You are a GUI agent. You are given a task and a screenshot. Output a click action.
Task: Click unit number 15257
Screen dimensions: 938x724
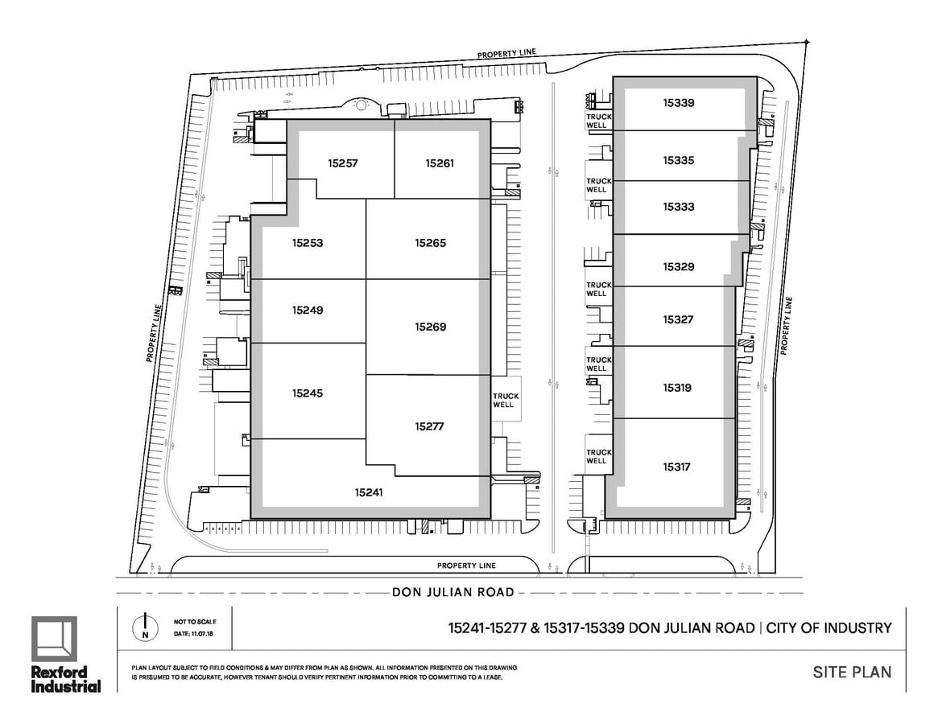click(343, 163)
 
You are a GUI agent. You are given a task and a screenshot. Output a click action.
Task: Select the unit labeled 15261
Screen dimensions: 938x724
click(440, 163)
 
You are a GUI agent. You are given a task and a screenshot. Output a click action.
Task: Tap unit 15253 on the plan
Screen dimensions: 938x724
click(308, 243)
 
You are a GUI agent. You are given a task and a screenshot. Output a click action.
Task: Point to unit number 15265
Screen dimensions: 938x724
click(431, 243)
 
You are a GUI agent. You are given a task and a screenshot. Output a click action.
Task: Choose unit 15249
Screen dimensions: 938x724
click(308, 311)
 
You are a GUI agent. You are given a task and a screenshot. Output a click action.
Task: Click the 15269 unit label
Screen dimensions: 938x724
click(431, 327)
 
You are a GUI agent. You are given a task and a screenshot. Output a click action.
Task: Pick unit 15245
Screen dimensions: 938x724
click(308, 393)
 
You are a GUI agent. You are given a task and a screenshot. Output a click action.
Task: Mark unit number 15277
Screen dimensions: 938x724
click(429, 427)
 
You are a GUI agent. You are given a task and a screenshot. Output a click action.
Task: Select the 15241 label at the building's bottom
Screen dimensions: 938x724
click(369, 492)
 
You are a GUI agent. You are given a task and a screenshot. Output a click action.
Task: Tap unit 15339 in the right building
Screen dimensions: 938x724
click(679, 103)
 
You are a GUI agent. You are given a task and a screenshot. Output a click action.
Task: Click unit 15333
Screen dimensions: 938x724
click(679, 207)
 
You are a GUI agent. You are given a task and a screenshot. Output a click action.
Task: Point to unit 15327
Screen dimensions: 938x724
click(679, 320)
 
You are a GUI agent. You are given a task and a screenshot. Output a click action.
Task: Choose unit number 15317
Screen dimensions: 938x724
click(676, 467)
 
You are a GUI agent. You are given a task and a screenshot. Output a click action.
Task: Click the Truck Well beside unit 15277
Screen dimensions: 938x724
click(506, 400)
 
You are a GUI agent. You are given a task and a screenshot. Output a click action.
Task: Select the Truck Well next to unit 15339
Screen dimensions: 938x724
click(599, 121)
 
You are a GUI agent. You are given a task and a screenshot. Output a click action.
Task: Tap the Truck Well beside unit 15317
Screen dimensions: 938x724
click(599, 456)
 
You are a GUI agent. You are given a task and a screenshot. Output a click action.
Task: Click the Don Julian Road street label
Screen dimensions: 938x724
click(452, 592)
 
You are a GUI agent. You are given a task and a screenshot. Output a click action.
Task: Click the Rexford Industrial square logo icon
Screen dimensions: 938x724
click(55, 639)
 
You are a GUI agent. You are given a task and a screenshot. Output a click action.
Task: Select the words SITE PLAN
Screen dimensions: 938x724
click(852, 672)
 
